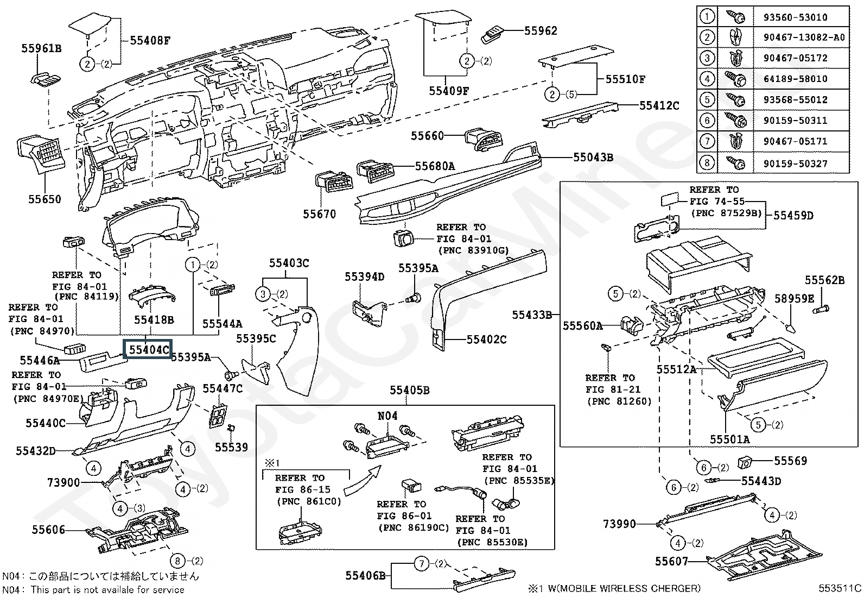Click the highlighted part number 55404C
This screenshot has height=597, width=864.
(x=148, y=350)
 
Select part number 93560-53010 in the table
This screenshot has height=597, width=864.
(x=795, y=17)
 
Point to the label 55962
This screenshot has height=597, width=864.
(x=541, y=31)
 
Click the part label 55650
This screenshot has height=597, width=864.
(x=45, y=199)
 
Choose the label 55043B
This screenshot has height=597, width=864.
(x=593, y=158)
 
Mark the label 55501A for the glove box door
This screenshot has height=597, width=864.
(x=729, y=439)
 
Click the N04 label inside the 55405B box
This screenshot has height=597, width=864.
(x=387, y=416)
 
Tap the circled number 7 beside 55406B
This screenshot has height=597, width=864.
(x=422, y=564)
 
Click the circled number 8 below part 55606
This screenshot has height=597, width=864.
(x=177, y=561)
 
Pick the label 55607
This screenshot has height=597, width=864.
(x=671, y=561)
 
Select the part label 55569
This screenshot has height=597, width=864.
(x=790, y=461)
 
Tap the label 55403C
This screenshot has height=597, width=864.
(x=289, y=263)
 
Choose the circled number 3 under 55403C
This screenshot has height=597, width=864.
(x=263, y=294)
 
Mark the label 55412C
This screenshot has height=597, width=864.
(x=659, y=105)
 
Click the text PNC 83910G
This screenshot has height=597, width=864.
(x=473, y=250)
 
